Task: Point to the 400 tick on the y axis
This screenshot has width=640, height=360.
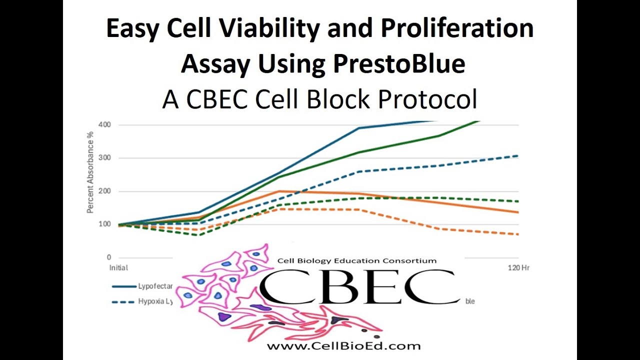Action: (x=105, y=124)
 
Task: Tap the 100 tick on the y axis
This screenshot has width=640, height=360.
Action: (x=105, y=224)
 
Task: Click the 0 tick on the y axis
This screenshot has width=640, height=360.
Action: (x=108, y=257)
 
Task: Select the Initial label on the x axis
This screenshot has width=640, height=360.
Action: (x=118, y=268)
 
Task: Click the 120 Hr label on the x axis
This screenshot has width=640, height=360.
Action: (x=518, y=268)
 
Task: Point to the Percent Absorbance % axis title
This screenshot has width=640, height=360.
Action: (x=90, y=173)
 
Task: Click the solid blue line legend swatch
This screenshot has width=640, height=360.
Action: (x=124, y=286)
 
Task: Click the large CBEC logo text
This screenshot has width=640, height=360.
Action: (x=359, y=287)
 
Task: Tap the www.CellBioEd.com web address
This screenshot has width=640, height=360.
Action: (x=343, y=346)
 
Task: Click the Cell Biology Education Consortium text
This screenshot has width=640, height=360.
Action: (x=356, y=260)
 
